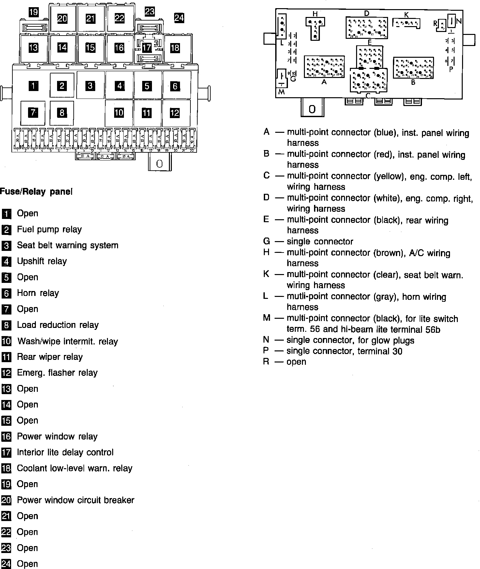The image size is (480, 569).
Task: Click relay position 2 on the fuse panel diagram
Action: (x=62, y=85)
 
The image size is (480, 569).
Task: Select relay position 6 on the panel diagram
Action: (x=175, y=86)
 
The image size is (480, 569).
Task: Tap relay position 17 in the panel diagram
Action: (x=147, y=48)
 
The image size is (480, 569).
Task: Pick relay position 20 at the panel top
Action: (x=62, y=18)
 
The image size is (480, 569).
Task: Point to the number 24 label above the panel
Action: (x=179, y=17)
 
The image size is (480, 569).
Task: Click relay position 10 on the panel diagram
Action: (x=119, y=113)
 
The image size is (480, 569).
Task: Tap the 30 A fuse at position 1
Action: (x=17, y=139)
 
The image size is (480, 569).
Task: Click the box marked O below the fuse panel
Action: (x=159, y=163)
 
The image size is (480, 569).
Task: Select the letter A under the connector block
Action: (x=324, y=82)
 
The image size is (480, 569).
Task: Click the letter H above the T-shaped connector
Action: (x=315, y=14)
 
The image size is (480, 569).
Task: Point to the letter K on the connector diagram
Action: (x=406, y=15)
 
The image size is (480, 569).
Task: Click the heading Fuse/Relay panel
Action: (x=36, y=192)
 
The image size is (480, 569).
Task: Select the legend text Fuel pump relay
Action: (x=49, y=229)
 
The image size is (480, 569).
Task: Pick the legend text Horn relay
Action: (x=38, y=293)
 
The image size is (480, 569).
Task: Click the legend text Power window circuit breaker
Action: (x=75, y=500)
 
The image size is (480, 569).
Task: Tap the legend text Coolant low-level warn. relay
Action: (x=74, y=468)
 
